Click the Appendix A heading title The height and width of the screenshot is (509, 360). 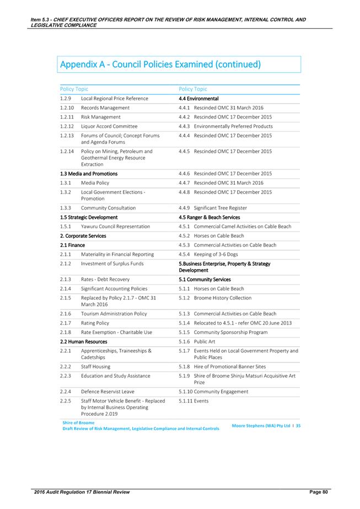pos(159,64)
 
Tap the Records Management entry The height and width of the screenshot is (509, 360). pos(105,108)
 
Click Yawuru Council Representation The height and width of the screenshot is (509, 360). pos(115,226)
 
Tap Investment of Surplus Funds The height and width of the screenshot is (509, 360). pos(112,264)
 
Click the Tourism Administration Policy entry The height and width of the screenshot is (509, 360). pos(114,313)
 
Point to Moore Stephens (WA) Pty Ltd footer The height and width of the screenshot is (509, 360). pos(264,425)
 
